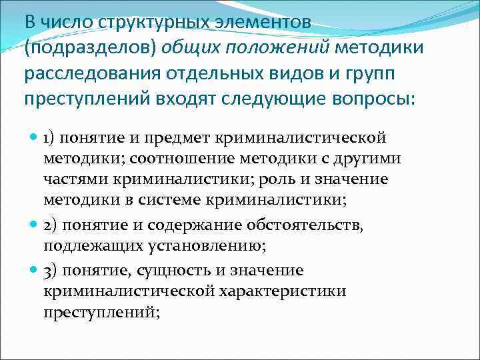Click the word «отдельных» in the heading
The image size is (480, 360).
click(203, 73)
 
